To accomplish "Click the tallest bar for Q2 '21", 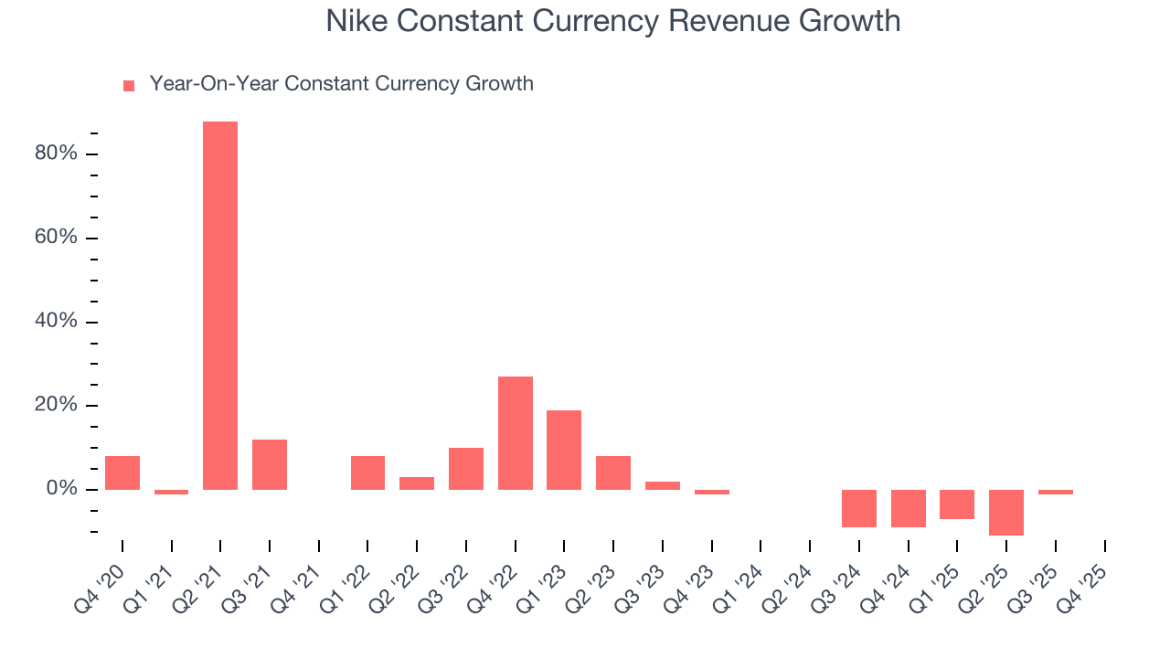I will (220, 305).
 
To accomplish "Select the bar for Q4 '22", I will (516, 433).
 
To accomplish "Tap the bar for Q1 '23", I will (564, 450).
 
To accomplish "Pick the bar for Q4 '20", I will (122, 472).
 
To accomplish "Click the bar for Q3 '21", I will (270, 464).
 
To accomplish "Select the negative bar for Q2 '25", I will (1006, 513).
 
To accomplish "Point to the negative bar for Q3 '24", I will (859, 508).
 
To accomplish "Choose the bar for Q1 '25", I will (957, 504).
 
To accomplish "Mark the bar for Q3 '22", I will (466, 469).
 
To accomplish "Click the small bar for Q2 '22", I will (417, 483).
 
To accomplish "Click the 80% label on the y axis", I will (56, 154).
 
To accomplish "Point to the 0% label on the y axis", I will (60, 490).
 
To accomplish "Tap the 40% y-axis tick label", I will (56, 322).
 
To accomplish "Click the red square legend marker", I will (129, 86).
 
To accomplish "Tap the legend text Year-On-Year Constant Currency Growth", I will (341, 84).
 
